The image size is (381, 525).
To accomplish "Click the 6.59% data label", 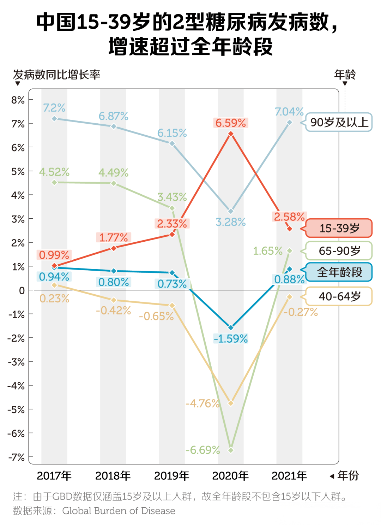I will (231, 123).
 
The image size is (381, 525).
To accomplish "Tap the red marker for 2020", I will (231, 134).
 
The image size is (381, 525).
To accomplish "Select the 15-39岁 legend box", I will (339, 228).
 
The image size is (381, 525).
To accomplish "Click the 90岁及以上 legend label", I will (339, 122).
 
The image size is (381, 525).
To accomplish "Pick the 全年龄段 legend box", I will (339, 272).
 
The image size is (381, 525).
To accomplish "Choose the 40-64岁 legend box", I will (339, 296).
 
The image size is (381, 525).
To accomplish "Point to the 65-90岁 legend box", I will (339, 251).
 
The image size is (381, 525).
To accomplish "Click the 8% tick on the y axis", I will (18, 100).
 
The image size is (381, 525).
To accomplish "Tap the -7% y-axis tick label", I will (16, 457).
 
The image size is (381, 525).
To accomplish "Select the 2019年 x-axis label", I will (172, 476).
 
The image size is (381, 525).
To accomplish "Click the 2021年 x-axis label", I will (289, 476).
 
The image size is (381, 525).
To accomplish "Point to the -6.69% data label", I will (202, 450).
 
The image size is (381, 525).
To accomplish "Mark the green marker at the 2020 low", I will (231, 450).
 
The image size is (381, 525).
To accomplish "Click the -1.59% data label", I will (231, 339).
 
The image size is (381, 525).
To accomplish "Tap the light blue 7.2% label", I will (54, 108).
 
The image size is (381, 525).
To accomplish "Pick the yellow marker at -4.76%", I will (231, 403).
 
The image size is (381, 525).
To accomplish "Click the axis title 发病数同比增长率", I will (56, 75).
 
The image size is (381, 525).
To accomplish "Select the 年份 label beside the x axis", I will (348, 476).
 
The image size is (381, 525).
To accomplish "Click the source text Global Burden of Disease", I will (119, 511).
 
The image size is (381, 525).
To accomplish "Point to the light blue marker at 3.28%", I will (231, 211).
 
